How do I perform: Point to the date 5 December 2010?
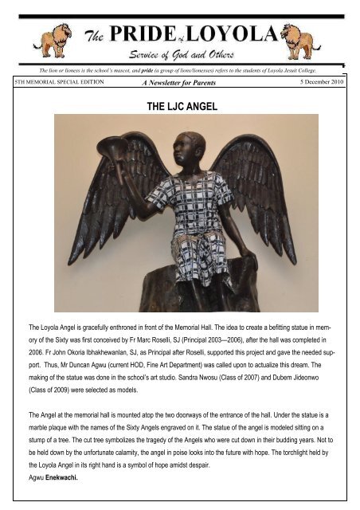321,82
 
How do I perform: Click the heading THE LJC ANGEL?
179,104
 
